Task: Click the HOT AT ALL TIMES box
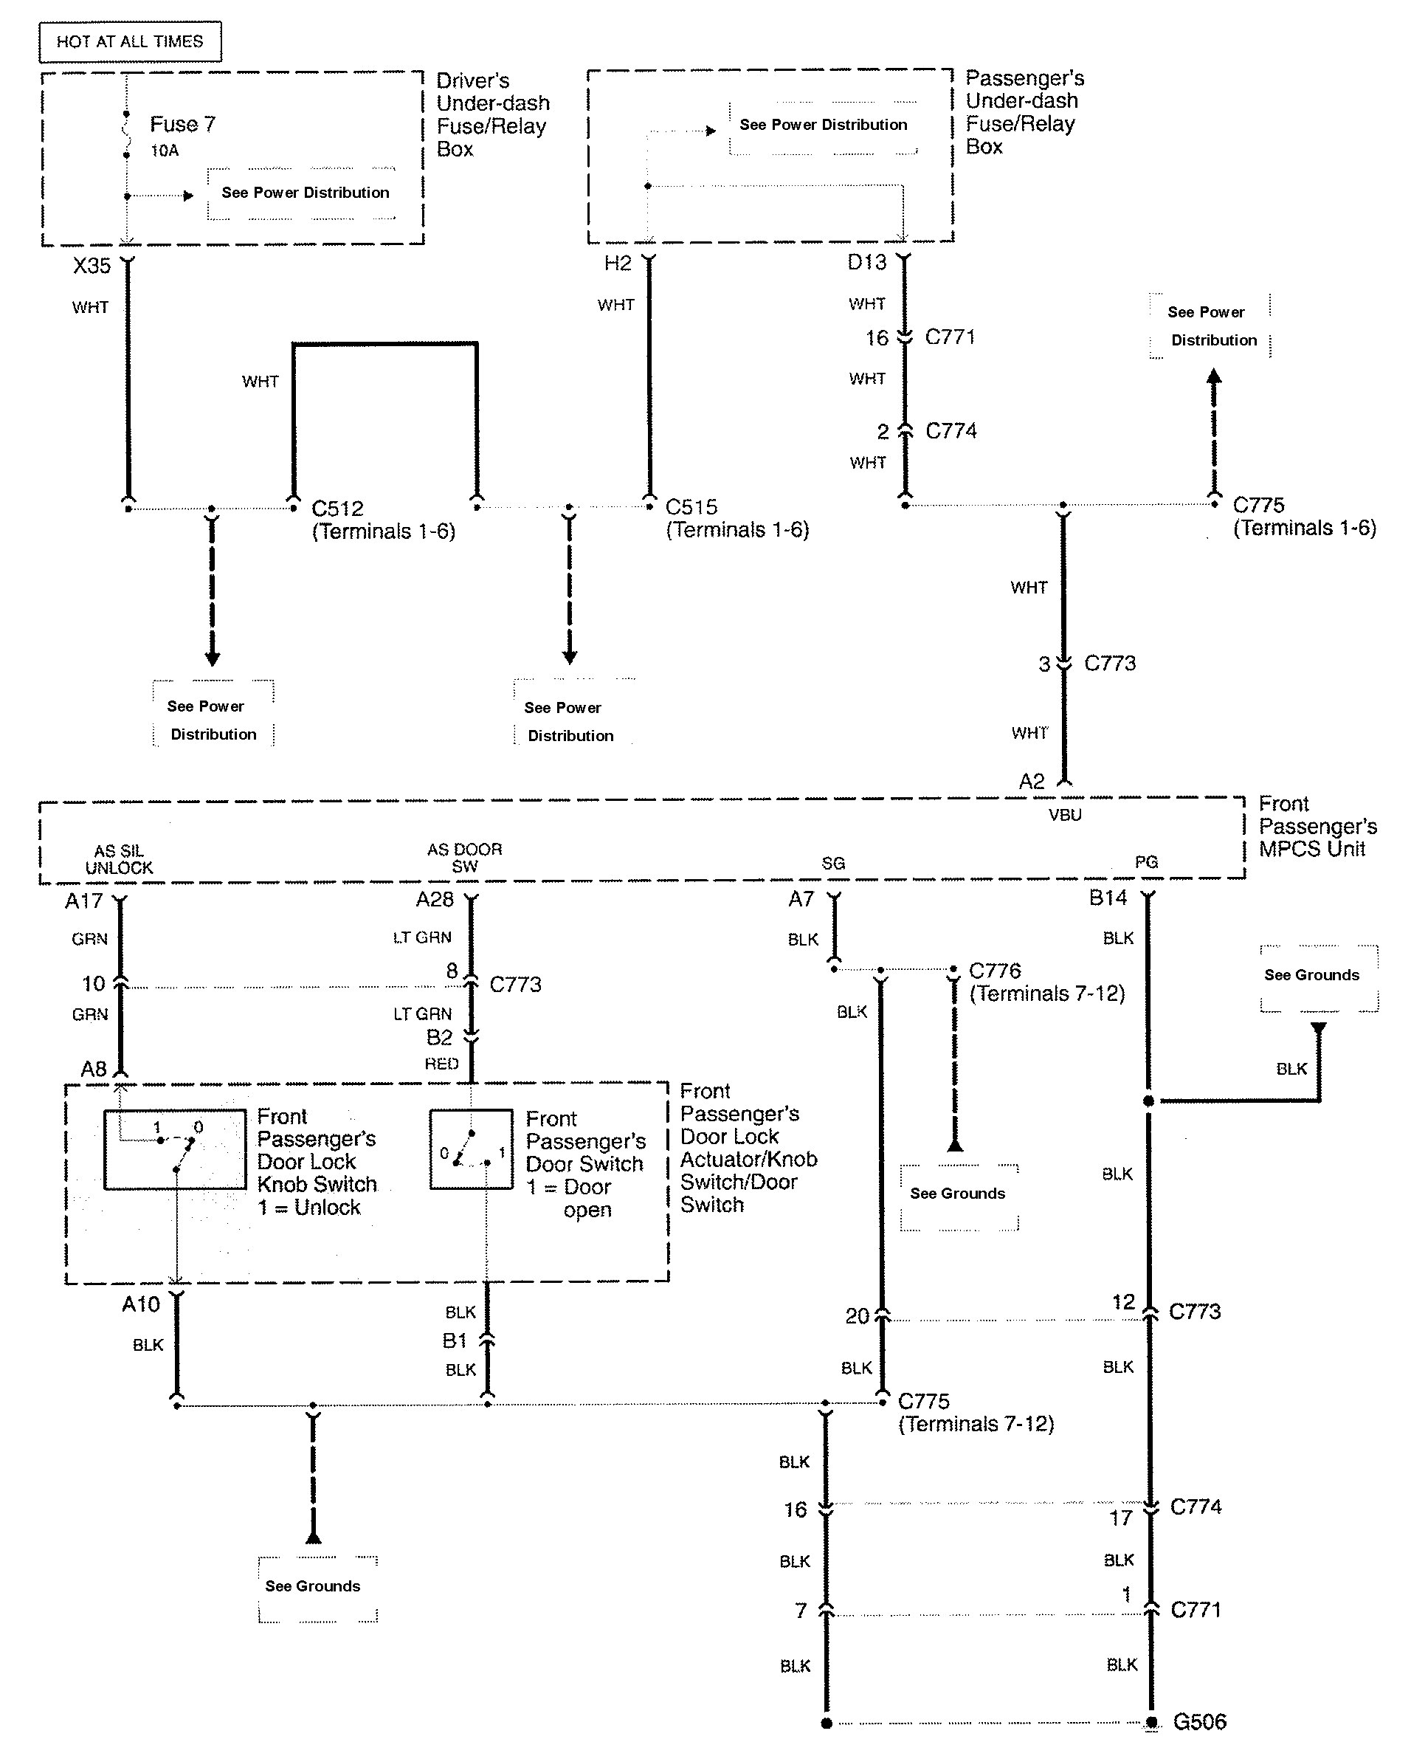click(x=130, y=41)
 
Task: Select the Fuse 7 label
click(x=182, y=124)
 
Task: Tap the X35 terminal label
click(x=91, y=266)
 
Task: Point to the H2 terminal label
click(x=618, y=264)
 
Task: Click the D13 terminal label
click(x=866, y=263)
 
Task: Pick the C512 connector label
click(x=337, y=509)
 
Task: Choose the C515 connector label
click(x=691, y=507)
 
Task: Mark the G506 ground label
click(x=1200, y=1721)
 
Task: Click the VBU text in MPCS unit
click(x=1065, y=814)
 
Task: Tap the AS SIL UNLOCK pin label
click(x=119, y=859)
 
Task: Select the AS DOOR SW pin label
click(x=464, y=858)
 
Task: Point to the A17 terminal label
click(x=83, y=901)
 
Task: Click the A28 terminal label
click(x=435, y=899)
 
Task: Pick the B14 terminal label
click(x=1108, y=898)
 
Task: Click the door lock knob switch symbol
click(x=175, y=1149)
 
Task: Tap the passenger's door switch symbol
click(x=472, y=1149)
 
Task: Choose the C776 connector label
click(x=995, y=971)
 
